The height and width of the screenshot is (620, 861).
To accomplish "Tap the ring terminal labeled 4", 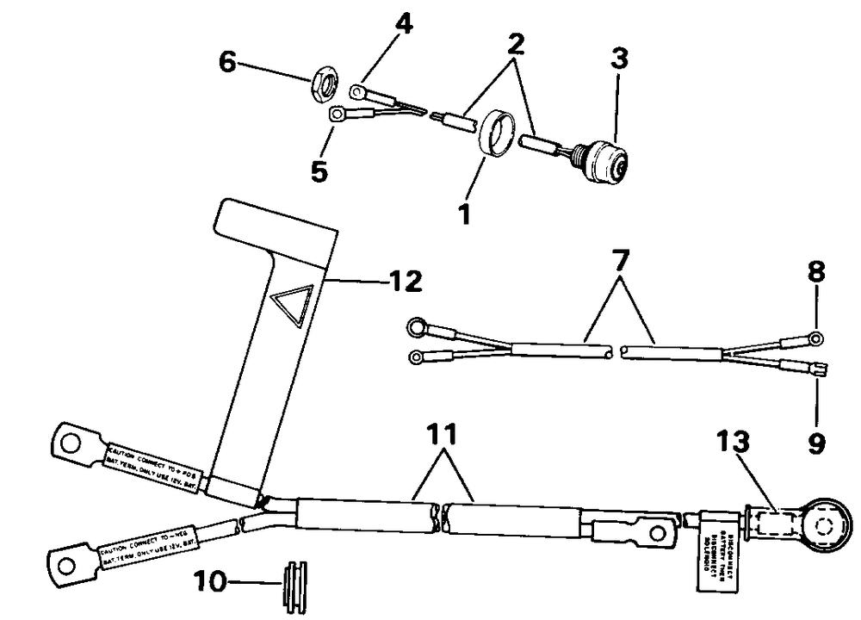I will click(360, 89).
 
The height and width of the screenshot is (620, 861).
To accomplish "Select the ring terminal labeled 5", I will click(337, 112).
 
